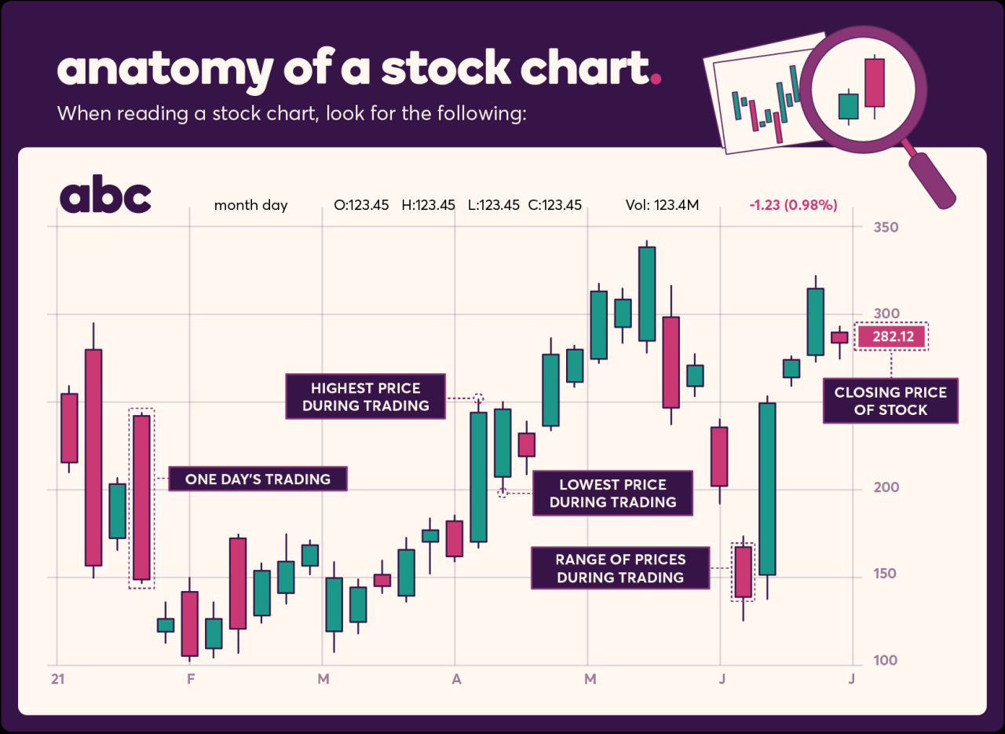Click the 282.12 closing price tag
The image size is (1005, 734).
[890, 336]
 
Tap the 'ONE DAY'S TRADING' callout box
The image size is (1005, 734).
[258, 479]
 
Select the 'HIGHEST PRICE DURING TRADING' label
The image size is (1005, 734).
[365, 397]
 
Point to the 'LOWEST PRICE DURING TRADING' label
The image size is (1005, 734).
[612, 494]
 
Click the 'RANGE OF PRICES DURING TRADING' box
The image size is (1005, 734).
[620, 569]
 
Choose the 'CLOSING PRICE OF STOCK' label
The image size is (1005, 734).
[890, 401]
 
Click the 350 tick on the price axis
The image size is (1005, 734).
[886, 227]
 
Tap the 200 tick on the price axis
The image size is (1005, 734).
[886, 487]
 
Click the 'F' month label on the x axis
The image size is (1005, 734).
[191, 679]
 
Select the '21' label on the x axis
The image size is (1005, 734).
[57, 679]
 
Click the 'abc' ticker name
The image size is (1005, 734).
[105, 197]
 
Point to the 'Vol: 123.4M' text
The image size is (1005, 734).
[662, 206]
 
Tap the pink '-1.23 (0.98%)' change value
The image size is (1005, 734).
[793, 206]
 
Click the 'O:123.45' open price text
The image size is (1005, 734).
[361, 206]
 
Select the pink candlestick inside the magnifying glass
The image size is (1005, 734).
[874, 83]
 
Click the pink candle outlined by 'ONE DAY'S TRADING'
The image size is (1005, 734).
[141, 497]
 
